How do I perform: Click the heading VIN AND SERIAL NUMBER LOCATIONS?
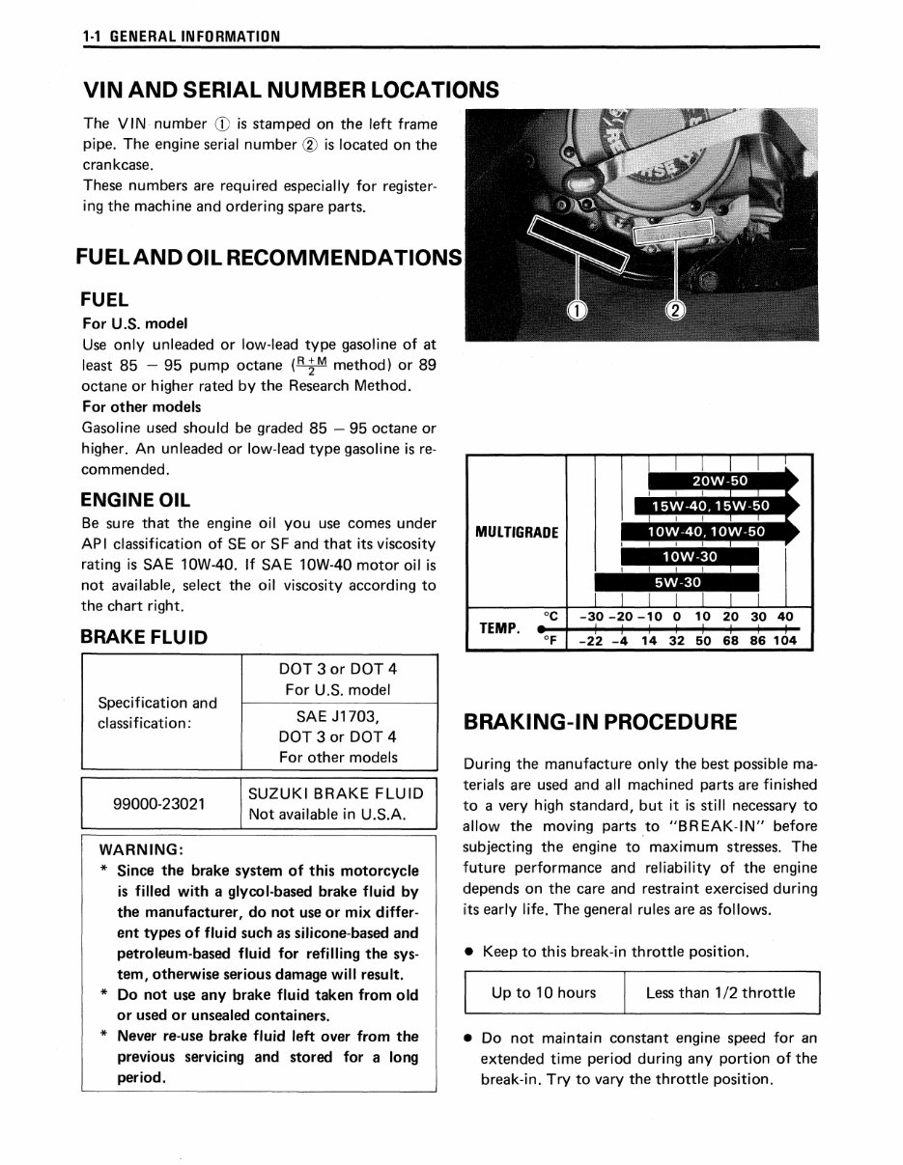(x=291, y=90)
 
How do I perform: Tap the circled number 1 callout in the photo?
(x=576, y=310)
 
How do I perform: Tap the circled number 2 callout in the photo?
(x=676, y=310)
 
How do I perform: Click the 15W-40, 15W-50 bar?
(x=710, y=506)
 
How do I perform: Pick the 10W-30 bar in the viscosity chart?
(x=690, y=557)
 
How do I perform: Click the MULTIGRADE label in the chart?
(x=517, y=532)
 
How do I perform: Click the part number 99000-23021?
(x=159, y=803)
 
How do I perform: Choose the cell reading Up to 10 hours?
(x=544, y=992)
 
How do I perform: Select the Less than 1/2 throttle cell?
(x=720, y=992)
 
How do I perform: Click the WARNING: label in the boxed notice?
(x=142, y=849)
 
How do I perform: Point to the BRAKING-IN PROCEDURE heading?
(x=600, y=722)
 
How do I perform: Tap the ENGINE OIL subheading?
(x=135, y=500)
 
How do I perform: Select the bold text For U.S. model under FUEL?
(x=135, y=323)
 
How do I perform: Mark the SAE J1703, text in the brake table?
(x=337, y=715)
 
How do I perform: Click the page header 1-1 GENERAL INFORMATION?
(x=182, y=37)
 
